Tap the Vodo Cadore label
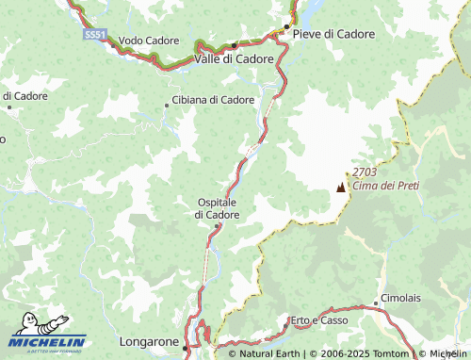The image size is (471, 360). click(x=149, y=41)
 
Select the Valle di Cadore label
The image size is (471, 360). click(x=234, y=58)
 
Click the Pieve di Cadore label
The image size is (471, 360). click(x=333, y=33)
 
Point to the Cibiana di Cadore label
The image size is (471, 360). click(x=214, y=99)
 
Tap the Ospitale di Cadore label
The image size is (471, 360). click(x=217, y=208)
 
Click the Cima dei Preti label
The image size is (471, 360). click(x=380, y=186)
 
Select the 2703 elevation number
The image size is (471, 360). click(x=365, y=172)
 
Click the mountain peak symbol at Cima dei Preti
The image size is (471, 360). click(x=340, y=188)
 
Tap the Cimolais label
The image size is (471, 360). click(x=401, y=299)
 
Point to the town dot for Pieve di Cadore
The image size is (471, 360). click(x=286, y=26)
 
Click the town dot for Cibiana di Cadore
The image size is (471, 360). click(x=167, y=105)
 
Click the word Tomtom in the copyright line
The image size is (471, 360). click(x=391, y=354)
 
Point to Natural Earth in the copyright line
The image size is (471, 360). click(x=268, y=354)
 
